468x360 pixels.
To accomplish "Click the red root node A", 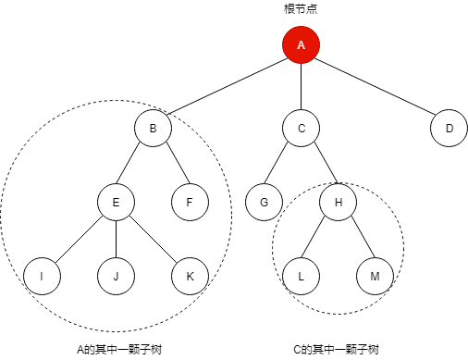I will (301, 45).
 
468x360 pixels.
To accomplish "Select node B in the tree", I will (153, 129).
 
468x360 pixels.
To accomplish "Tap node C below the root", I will (301, 129).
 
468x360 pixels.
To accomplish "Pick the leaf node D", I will (449, 129).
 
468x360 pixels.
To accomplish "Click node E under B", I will (116, 202).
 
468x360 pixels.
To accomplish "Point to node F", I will (190, 202).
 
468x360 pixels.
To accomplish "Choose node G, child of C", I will (264, 202).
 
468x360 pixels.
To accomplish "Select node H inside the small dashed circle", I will (338, 202).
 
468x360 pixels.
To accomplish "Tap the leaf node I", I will (42, 276).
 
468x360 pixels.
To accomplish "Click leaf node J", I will (116, 276).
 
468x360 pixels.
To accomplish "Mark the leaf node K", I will (190, 276).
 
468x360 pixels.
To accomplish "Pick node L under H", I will (301, 276).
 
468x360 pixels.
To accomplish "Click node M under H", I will (375, 276).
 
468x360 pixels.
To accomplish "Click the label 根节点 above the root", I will (301, 9).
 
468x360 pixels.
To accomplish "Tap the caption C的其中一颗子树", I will (335, 349).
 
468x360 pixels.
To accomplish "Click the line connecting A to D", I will (375, 87).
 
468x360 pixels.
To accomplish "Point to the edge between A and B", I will (227, 87).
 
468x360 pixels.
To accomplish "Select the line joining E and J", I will (116, 239).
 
